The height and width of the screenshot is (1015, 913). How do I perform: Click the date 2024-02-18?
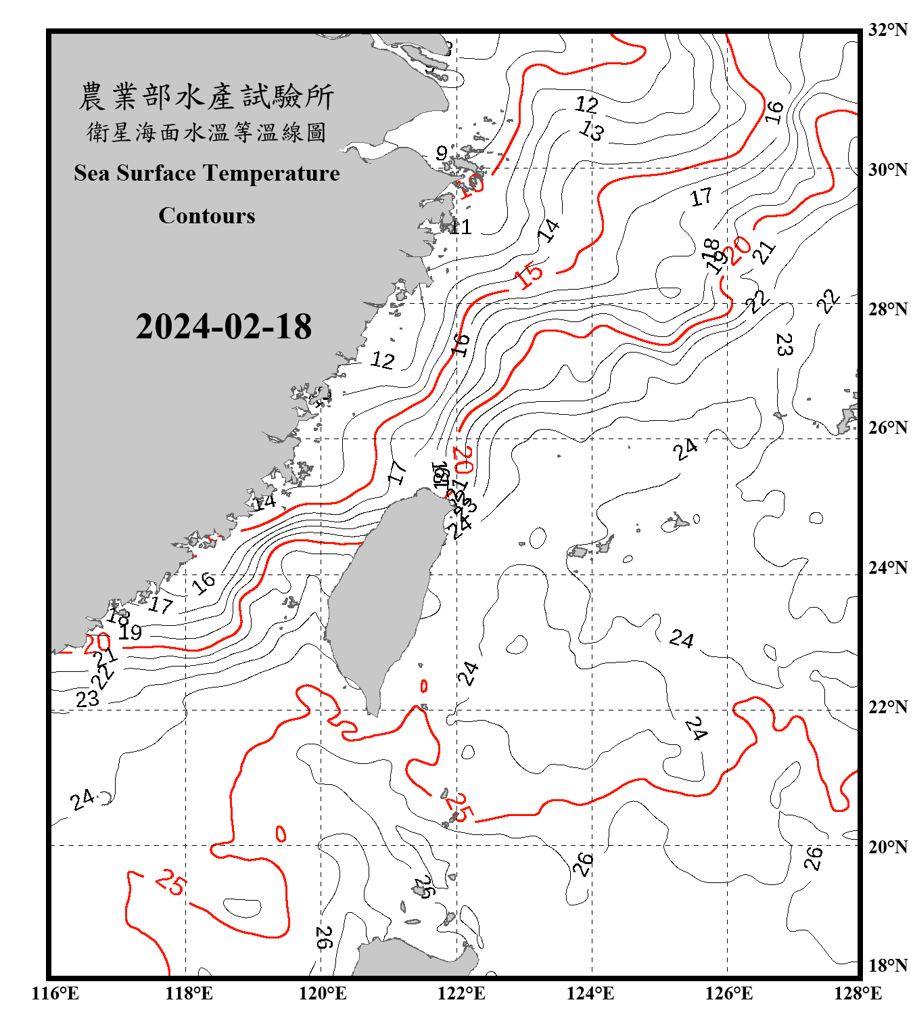tap(223, 326)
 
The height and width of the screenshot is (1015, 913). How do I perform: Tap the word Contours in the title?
tap(207, 216)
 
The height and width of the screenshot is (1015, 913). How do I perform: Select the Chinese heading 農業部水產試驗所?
tap(206, 97)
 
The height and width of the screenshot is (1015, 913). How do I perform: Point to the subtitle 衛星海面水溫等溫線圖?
tap(206, 133)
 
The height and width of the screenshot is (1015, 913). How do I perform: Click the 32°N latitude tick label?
tap(887, 30)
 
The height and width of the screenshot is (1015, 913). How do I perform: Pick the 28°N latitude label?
tap(887, 309)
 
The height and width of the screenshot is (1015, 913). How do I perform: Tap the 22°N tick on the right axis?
tap(887, 707)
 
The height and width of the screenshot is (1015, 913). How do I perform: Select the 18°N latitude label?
tap(887, 966)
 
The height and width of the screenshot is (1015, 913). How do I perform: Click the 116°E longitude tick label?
tap(55, 993)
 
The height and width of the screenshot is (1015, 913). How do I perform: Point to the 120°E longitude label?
tap(323, 993)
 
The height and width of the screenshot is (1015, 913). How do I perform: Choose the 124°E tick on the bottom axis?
tap(590, 993)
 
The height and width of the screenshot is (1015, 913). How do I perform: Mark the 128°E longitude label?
tap(858, 993)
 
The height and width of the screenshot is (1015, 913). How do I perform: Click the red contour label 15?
tap(529, 275)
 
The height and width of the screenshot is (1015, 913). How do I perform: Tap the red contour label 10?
tap(471, 185)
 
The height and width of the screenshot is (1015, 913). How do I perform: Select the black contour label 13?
tap(592, 130)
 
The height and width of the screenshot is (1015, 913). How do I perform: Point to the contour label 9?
tap(442, 154)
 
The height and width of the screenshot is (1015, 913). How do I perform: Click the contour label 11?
tap(461, 227)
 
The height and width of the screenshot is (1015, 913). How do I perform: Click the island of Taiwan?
tap(382, 595)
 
